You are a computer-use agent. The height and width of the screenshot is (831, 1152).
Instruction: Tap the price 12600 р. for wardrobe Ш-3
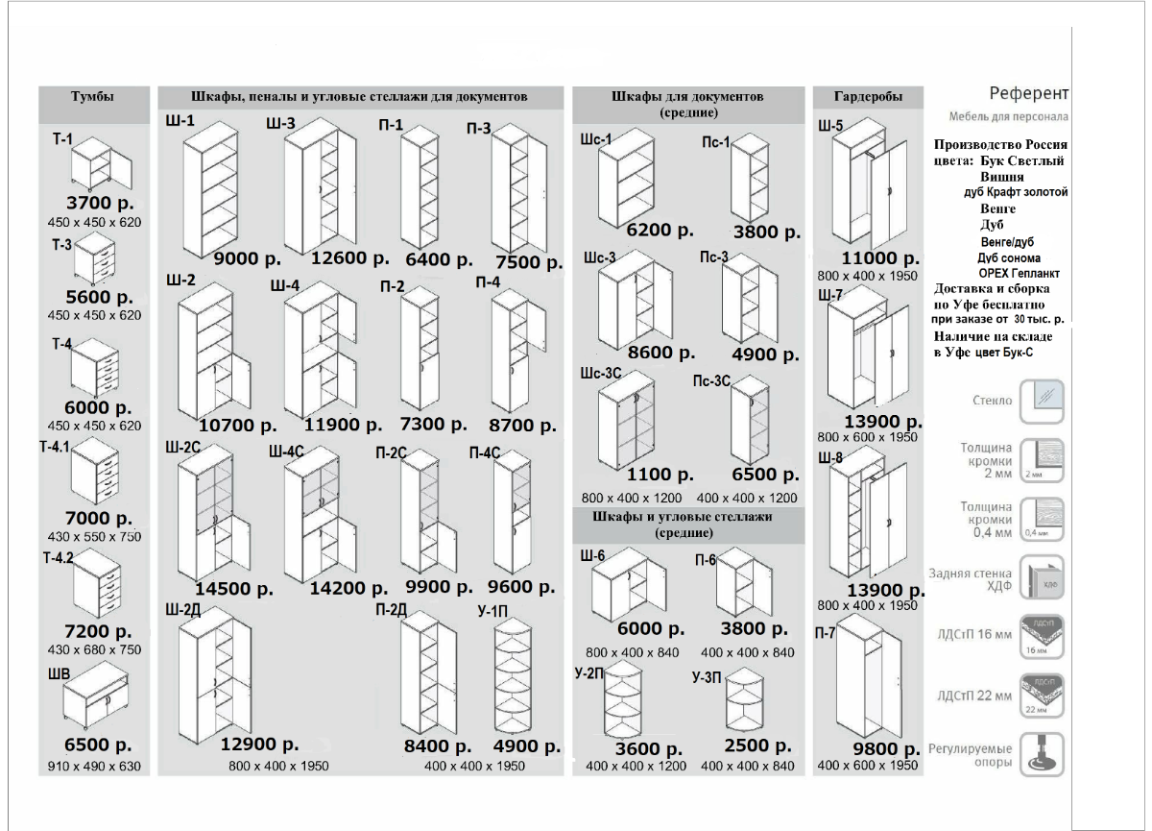[349, 258]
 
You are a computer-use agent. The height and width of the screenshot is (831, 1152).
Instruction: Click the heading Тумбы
[93, 98]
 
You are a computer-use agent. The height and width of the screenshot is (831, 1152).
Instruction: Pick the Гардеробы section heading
[868, 98]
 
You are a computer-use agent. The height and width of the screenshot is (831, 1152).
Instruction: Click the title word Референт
[1028, 93]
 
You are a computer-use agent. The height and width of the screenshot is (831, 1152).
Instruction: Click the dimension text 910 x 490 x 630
[94, 767]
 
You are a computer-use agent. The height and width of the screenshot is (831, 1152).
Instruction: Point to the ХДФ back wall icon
[1041, 577]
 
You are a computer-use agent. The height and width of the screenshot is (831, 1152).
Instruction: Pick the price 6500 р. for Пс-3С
[765, 475]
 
